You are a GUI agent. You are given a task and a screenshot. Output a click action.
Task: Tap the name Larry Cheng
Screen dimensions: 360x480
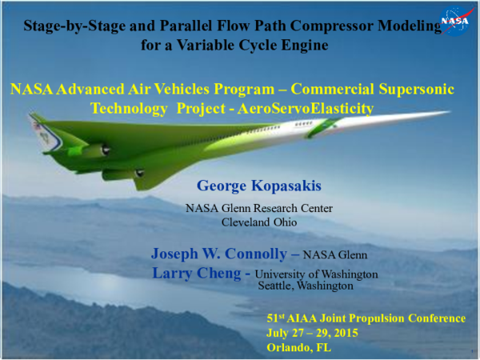(194, 273)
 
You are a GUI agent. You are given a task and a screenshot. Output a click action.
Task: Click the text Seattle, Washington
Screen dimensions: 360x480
(305, 285)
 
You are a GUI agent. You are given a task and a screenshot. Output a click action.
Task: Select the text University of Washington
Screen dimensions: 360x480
(315, 274)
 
